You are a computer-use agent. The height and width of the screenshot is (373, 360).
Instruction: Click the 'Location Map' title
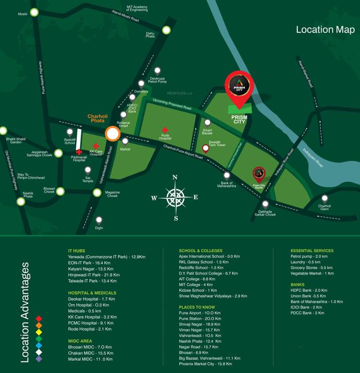tap(325, 30)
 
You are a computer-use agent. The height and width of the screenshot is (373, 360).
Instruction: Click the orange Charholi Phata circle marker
tap(113, 134)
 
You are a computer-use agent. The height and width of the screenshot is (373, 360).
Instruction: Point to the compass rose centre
tap(175, 197)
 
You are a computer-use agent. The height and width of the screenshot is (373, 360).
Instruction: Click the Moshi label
tap(23, 14)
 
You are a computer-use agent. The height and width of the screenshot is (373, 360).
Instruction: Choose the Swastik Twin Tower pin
tap(206, 149)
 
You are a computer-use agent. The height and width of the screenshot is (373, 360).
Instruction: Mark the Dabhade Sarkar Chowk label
tap(264, 214)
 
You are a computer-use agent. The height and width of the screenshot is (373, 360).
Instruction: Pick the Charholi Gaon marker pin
tap(325, 198)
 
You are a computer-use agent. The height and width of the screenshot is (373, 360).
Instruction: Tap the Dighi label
tap(99, 227)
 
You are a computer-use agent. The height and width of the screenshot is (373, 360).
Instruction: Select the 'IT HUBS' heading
tap(77, 251)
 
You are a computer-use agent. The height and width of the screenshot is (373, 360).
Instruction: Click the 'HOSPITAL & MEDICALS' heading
tap(92, 293)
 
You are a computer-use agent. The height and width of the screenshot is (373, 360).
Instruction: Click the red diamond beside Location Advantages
tap(39, 318)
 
